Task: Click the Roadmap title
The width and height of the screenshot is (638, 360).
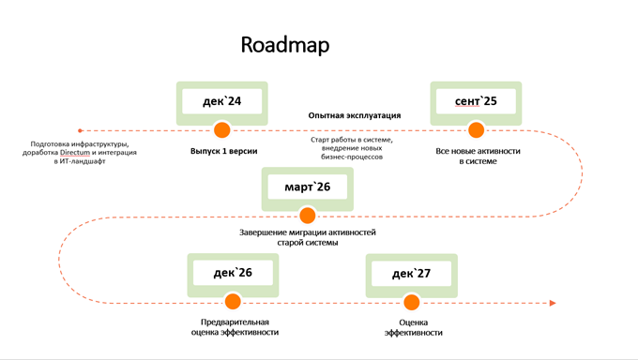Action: [285, 45]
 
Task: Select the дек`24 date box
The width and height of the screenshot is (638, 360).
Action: [222, 101]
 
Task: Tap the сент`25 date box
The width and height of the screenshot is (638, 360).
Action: [476, 101]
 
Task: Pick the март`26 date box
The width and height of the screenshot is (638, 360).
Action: [307, 187]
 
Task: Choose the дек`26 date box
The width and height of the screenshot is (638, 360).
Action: [233, 274]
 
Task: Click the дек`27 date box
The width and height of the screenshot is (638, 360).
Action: [411, 274]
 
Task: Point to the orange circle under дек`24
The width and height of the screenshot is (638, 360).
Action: [222, 129]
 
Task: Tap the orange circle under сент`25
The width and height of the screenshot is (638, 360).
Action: [476, 129]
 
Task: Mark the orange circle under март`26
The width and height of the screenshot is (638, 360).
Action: [307, 216]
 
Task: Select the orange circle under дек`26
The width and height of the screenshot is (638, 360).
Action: [233, 302]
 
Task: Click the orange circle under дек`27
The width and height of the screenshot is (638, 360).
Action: [411, 302]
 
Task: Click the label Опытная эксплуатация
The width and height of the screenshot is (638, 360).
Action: [355, 115]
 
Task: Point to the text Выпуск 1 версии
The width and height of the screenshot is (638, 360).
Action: [223, 151]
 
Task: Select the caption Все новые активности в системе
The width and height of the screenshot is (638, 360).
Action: [478, 156]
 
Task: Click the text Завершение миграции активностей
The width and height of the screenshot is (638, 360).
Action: [308, 232]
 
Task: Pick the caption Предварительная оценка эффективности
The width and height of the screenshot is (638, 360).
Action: [234, 326]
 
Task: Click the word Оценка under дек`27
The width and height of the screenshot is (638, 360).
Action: [413, 321]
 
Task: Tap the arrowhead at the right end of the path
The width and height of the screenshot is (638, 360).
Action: [553, 303]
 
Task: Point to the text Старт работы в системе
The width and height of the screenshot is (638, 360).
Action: [352, 140]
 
